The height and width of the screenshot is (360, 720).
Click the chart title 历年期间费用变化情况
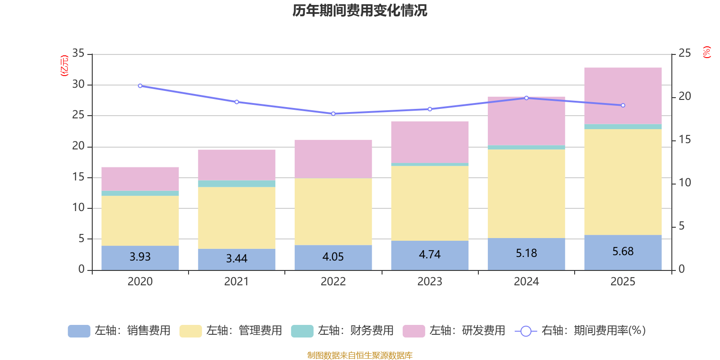point(360,10)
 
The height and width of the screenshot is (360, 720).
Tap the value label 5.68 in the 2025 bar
point(623,251)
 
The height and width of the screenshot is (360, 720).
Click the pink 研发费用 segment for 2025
point(623,95)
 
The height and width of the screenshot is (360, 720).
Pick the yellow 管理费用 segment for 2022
point(333,211)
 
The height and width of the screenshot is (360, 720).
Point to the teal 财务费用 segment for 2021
point(237,184)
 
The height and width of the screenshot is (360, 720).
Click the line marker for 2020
point(140,85)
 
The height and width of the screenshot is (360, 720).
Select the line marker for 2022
point(333,113)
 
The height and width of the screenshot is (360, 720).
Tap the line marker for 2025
point(623,105)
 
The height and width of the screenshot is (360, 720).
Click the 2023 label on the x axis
point(430,282)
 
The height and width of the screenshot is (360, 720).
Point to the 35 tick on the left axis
point(78,54)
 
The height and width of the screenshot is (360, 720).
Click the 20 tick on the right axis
point(684,96)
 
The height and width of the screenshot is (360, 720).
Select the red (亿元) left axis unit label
point(64,66)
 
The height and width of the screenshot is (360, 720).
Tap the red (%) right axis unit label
point(706,52)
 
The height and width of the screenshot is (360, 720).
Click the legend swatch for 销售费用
point(79,331)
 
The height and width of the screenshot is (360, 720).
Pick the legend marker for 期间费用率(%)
point(526,331)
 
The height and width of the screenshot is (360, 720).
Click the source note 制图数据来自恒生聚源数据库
point(360,355)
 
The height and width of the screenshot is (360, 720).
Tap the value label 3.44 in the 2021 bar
point(237,259)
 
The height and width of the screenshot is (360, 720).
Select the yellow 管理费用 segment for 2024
point(526,193)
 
